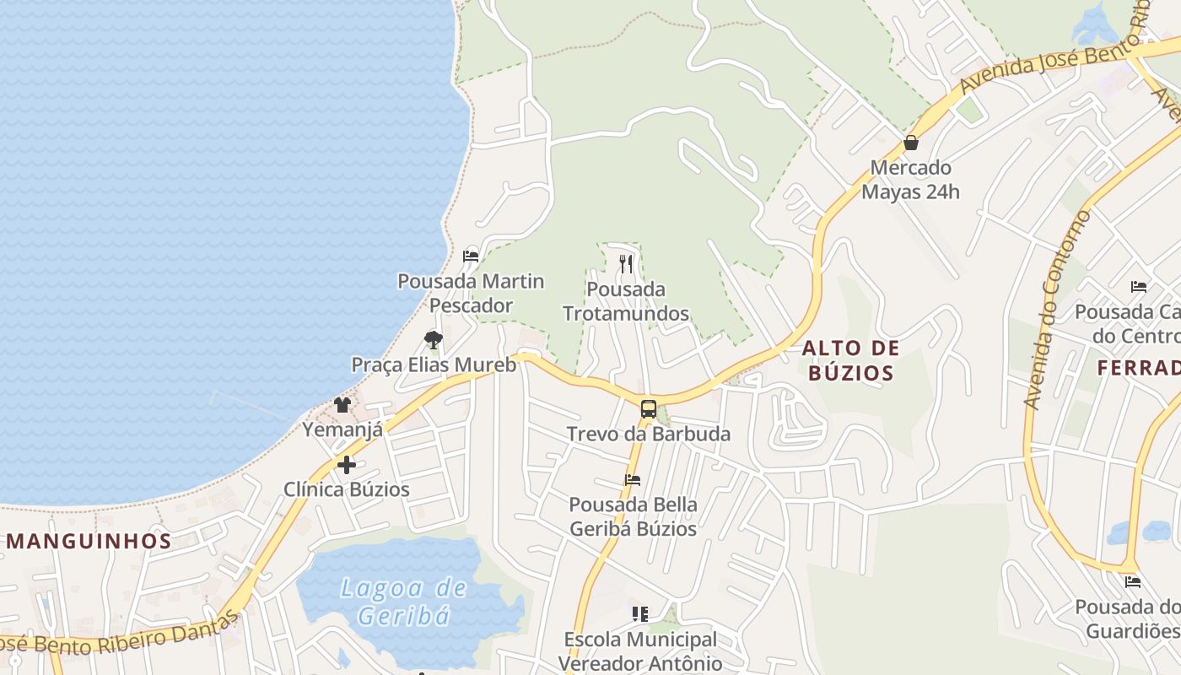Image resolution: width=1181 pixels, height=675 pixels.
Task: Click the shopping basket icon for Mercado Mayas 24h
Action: pyautogui.click(x=910, y=143)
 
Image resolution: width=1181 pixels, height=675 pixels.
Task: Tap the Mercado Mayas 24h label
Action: pyautogui.click(x=910, y=180)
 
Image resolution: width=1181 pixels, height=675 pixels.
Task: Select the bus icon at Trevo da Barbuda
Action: pyautogui.click(x=648, y=409)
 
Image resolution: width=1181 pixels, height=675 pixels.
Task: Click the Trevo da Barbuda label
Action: pyautogui.click(x=648, y=435)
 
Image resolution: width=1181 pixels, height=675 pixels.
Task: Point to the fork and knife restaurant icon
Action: pyautogui.click(x=625, y=264)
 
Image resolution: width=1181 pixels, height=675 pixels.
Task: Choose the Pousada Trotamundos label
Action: pyautogui.click(x=625, y=301)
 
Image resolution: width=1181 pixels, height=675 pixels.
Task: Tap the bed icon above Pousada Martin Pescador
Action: pyautogui.click(x=471, y=256)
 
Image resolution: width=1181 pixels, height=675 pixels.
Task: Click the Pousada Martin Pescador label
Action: pyautogui.click(x=471, y=293)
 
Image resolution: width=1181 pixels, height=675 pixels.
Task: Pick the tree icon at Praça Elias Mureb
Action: pyautogui.click(x=433, y=339)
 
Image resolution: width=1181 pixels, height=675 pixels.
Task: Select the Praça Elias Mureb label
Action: pyautogui.click(x=433, y=365)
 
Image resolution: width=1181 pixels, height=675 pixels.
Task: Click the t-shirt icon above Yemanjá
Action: pyautogui.click(x=342, y=405)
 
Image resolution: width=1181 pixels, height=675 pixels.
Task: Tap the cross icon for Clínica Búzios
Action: pyautogui.click(x=346, y=465)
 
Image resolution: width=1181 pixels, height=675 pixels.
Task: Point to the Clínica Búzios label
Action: pyautogui.click(x=346, y=489)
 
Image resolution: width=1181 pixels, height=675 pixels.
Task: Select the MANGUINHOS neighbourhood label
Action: pyautogui.click(x=89, y=542)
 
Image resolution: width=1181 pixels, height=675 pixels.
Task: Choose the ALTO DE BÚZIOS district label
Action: pyautogui.click(x=850, y=360)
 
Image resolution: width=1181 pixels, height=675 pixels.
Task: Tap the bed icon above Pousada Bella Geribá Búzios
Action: pyautogui.click(x=633, y=480)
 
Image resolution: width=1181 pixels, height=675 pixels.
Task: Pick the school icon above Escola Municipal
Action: pyautogui.click(x=640, y=613)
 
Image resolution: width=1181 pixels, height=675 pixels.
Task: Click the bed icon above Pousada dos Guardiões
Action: pyautogui.click(x=1132, y=581)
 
